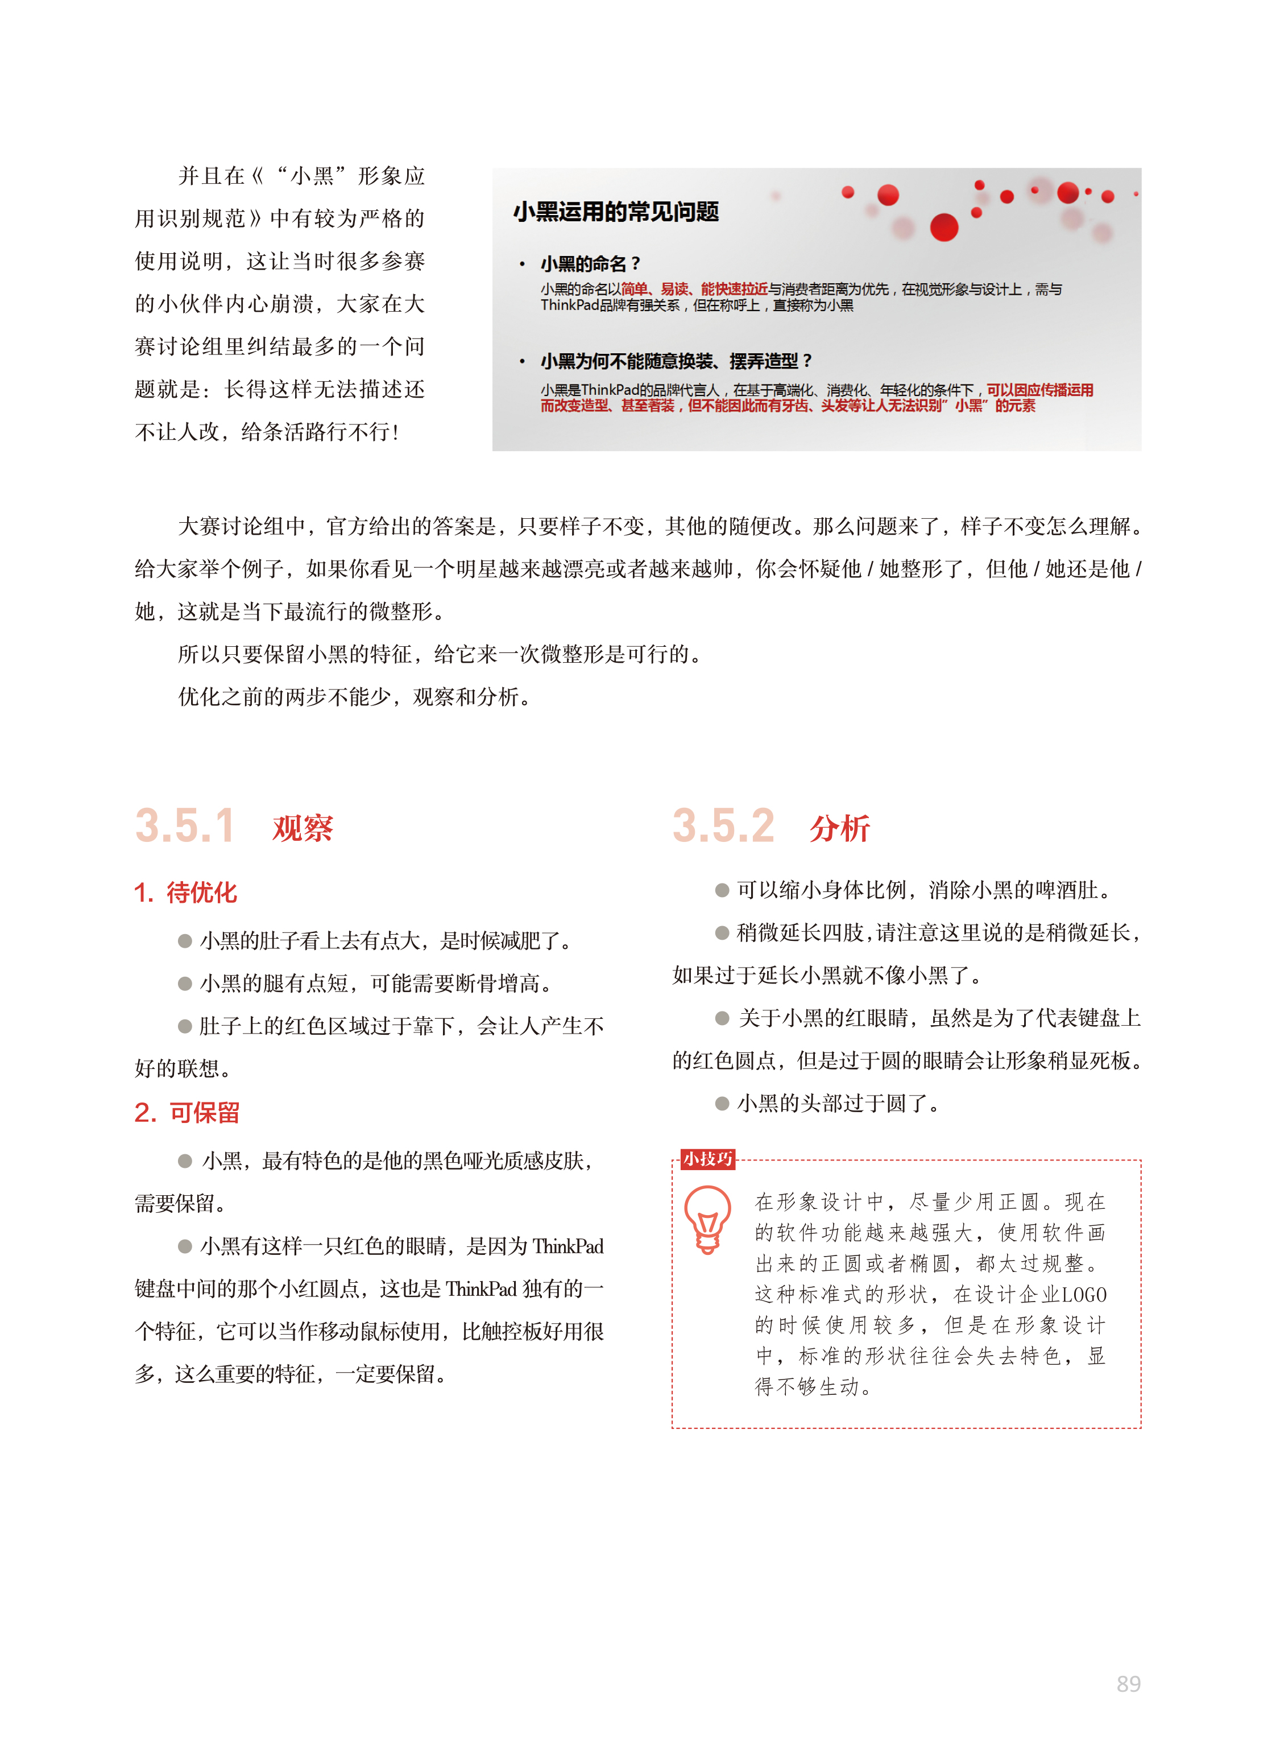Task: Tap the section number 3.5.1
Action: [185, 826]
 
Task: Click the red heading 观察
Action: [303, 828]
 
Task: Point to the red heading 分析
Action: [840, 828]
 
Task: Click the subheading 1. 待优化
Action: [185, 893]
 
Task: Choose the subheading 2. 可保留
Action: [187, 1113]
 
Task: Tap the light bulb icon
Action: [707, 1219]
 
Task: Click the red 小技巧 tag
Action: [707, 1158]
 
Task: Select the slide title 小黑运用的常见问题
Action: [616, 212]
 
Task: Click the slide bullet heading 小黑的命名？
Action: [590, 263]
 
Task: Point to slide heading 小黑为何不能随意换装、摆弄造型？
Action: [676, 361]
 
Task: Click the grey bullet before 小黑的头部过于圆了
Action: [722, 1104]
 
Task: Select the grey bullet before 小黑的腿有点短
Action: [185, 984]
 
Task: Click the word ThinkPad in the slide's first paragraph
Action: [570, 305]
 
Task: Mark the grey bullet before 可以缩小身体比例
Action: [722, 890]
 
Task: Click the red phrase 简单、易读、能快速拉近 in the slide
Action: [694, 289]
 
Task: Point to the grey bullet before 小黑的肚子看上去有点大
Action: [185, 941]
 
